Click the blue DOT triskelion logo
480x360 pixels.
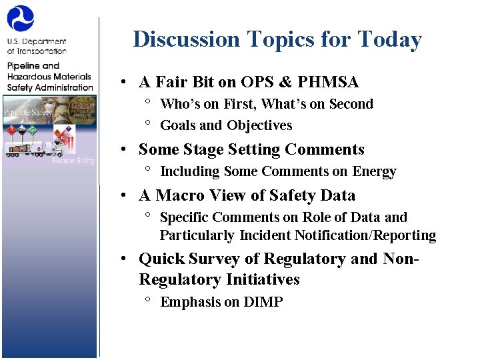point(21,19)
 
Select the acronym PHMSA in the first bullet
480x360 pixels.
point(328,82)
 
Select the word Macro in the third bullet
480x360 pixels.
point(182,195)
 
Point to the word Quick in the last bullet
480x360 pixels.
point(161,259)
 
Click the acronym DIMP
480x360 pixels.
point(263,302)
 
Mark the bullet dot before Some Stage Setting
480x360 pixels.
point(125,150)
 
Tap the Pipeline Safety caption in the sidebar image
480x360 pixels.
point(28,112)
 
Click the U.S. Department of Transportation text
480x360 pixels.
point(37,46)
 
